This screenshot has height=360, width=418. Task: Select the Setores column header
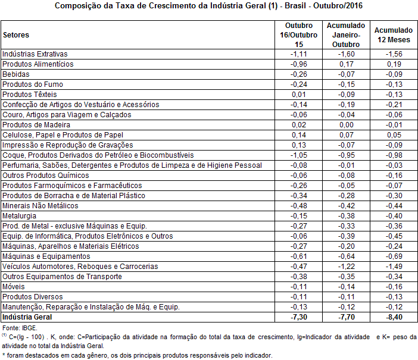point(16,35)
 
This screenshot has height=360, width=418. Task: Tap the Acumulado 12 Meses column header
point(393,35)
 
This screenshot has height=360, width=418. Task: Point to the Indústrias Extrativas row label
point(35,54)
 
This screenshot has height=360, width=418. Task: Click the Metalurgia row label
point(20,215)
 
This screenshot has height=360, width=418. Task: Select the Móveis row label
point(14,286)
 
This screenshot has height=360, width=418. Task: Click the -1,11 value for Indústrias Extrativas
point(298,54)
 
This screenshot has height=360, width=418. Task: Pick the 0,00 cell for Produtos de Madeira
point(346,124)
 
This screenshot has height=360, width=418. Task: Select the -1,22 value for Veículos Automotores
point(346,266)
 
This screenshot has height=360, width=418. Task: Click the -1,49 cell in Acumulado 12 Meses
point(393,266)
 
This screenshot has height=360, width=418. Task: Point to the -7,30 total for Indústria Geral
point(298,317)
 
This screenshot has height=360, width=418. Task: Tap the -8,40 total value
point(393,317)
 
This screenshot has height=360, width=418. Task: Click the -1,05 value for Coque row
point(298,155)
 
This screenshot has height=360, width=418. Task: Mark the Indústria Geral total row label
point(27,317)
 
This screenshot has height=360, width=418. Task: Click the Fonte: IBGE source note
point(20,328)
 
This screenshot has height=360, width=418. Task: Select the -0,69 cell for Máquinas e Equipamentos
point(393,256)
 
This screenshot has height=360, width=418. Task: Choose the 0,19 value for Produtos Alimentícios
point(393,64)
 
